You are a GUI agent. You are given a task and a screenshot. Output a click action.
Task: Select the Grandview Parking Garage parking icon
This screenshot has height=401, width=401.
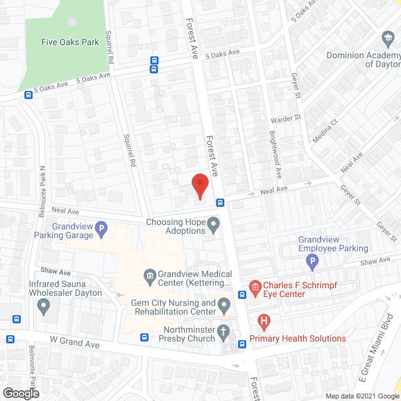(101, 235)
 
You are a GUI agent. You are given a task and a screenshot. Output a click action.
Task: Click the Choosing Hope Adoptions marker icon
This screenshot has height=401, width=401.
(214, 224)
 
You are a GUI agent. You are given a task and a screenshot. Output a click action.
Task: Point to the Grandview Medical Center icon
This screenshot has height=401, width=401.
(150, 274)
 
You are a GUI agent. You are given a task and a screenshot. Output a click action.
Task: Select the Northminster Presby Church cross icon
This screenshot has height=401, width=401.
(224, 333)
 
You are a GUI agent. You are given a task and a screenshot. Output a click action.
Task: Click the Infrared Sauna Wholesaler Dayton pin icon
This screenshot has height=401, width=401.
(43, 306)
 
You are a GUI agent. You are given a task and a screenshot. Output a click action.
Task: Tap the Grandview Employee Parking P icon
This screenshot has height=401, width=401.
(312, 260)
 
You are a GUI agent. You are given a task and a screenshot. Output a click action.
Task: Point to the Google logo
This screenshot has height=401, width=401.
(21, 393)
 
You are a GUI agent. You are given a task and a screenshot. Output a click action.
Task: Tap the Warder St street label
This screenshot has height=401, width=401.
(286, 117)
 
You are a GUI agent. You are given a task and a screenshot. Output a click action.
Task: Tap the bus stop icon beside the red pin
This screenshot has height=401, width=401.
(221, 202)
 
